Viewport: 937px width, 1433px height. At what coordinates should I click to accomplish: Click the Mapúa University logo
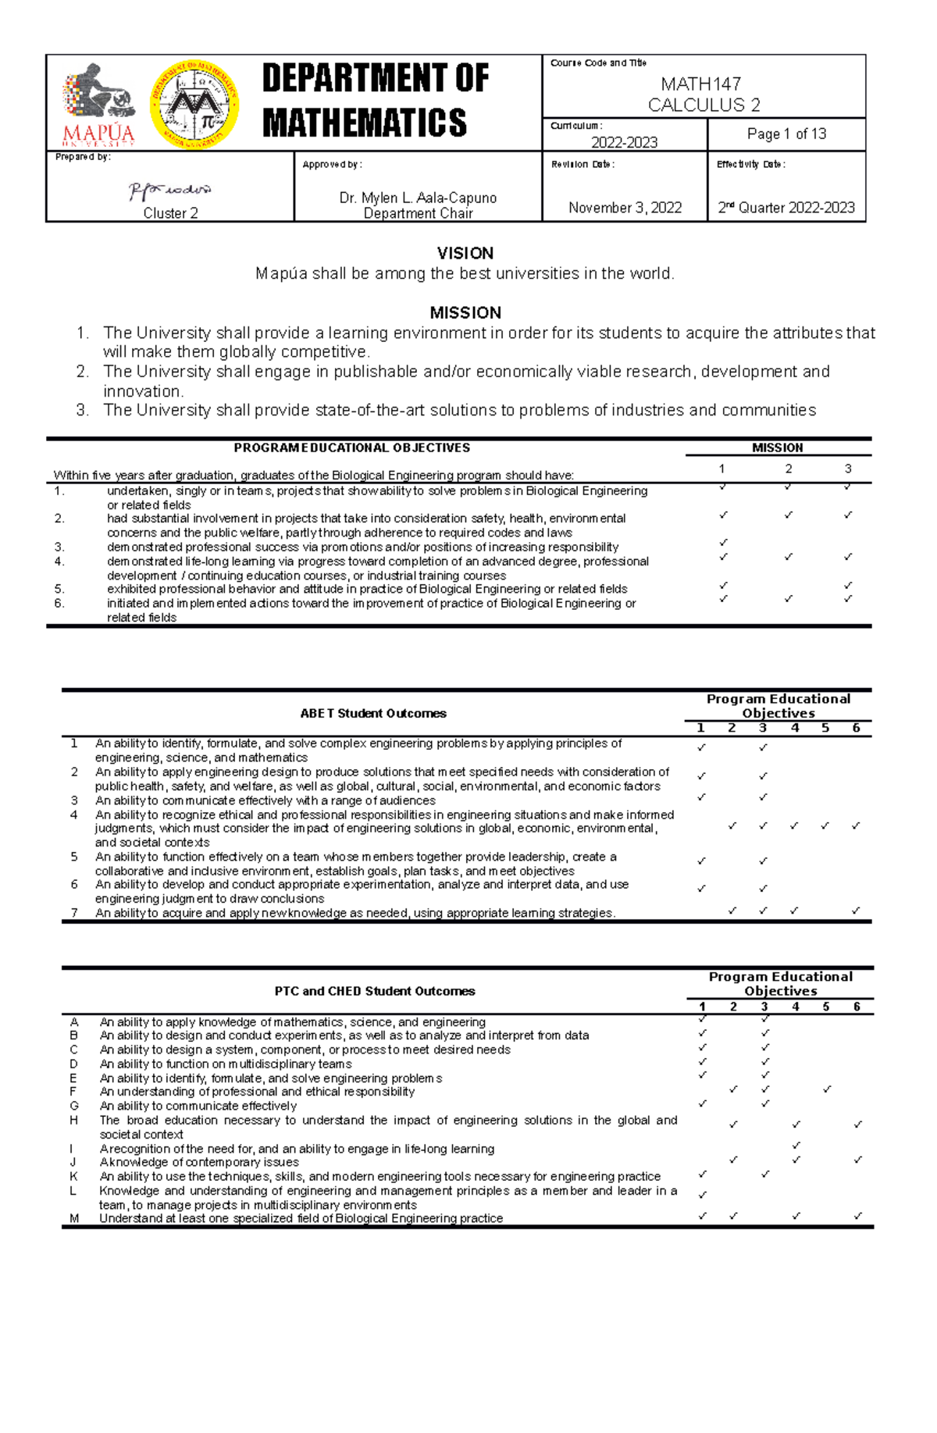(x=99, y=105)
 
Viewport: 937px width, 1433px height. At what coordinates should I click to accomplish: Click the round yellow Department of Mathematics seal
(x=194, y=105)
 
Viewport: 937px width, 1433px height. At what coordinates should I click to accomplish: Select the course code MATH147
(x=700, y=84)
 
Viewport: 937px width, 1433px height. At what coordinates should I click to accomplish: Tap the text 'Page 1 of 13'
(x=786, y=134)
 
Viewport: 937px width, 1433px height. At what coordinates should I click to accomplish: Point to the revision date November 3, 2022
(x=625, y=208)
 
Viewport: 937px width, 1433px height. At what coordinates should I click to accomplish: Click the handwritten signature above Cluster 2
(x=170, y=191)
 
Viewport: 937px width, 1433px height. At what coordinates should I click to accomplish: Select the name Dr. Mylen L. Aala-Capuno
(x=418, y=198)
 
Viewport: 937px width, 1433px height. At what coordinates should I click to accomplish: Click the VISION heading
(x=465, y=253)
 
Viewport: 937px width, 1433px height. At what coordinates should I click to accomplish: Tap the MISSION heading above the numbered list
(x=465, y=312)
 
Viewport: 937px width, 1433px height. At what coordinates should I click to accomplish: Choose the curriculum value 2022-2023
(x=624, y=142)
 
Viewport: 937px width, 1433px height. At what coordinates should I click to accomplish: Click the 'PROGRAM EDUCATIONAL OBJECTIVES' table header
(x=352, y=448)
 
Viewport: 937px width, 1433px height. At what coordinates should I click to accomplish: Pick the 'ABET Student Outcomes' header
(x=373, y=713)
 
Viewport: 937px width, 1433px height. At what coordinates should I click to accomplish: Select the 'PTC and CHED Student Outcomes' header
(x=375, y=991)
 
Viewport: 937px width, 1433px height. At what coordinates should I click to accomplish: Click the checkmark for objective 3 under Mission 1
(x=723, y=542)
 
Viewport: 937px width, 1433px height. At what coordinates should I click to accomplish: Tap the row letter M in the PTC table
(x=74, y=1218)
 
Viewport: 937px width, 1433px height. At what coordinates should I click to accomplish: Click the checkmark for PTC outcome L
(x=703, y=1195)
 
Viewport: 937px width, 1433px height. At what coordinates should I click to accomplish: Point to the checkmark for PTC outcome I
(x=796, y=1146)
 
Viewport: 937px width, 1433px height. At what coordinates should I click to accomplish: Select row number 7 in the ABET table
(x=74, y=912)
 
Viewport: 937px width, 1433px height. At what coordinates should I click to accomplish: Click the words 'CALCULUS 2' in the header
(x=704, y=105)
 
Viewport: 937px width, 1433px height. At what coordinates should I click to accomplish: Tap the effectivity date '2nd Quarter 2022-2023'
(x=786, y=208)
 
